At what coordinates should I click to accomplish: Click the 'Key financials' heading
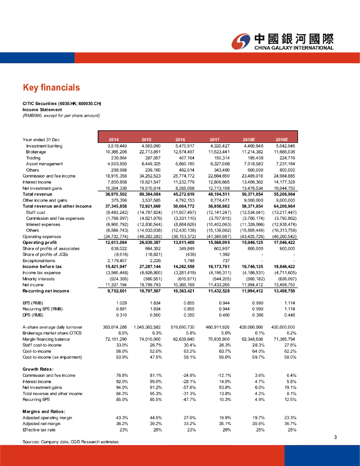[x=51, y=87]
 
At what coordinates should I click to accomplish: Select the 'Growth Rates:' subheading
[x=39, y=369]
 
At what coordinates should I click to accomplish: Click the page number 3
[x=335, y=437]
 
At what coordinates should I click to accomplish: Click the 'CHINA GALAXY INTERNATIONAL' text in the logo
[x=294, y=48]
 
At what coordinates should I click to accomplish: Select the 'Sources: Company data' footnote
[x=71, y=442]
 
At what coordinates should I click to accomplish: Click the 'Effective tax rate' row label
[x=39, y=430]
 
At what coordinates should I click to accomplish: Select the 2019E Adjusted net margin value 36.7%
[x=289, y=424]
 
